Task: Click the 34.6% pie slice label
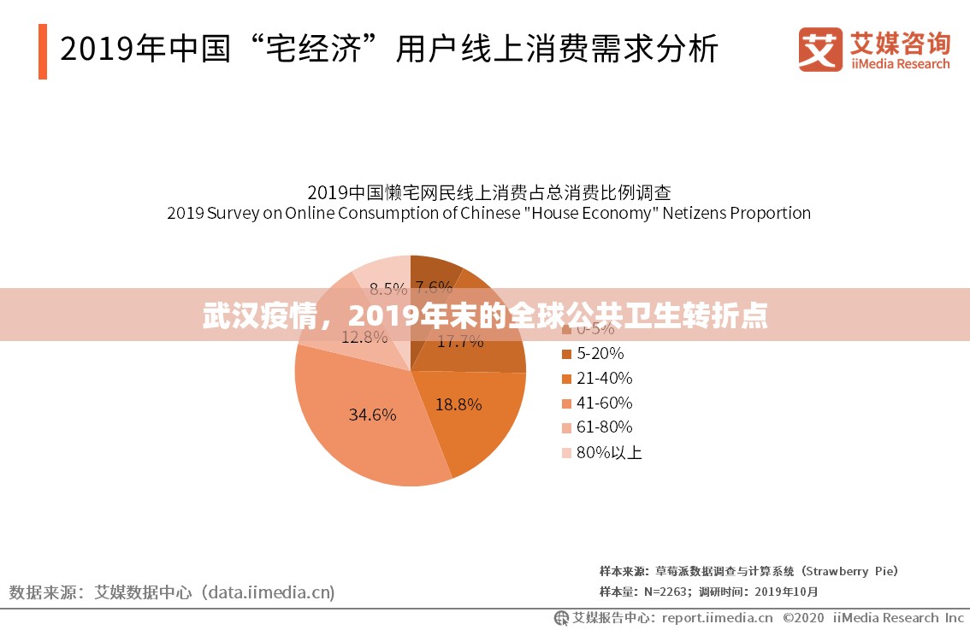coord(372,415)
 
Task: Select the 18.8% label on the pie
coord(458,404)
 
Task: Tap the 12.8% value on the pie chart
coord(364,337)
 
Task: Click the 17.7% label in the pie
coord(460,342)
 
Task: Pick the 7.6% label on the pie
coord(433,287)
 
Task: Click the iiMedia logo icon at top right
coord(820,50)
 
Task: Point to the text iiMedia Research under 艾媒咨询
coord(900,64)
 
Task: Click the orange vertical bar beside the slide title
coord(43,51)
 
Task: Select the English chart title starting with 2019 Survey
coord(488,213)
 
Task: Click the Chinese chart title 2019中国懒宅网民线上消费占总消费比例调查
coord(488,191)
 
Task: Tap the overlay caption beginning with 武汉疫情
coord(484,316)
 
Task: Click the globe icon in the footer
coord(561,617)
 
